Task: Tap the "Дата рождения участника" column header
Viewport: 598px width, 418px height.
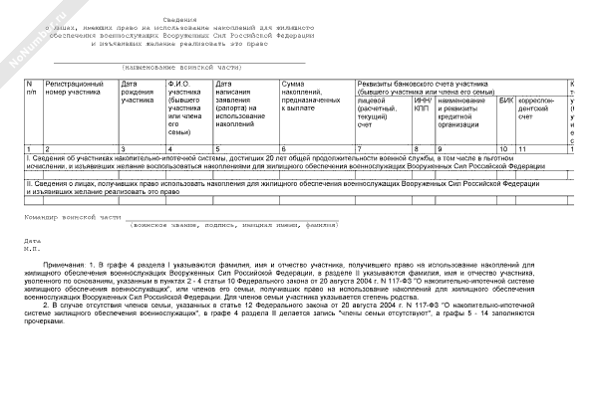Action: coord(138,93)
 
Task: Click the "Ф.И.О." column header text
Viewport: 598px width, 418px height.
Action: coord(180,84)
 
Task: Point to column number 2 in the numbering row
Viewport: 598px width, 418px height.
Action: coord(47,147)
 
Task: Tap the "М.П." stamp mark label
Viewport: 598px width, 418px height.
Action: coord(32,249)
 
